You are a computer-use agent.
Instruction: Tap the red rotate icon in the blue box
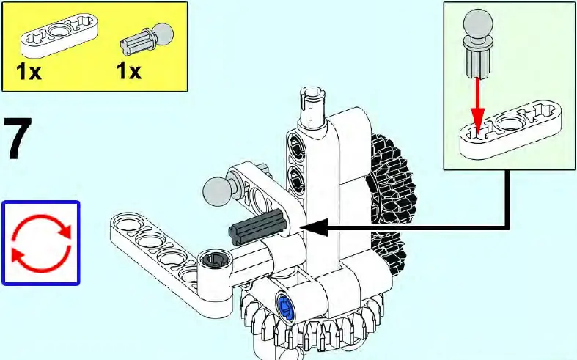tap(40, 243)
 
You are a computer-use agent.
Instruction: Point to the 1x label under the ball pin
tap(128, 73)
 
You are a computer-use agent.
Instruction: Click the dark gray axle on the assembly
tap(256, 227)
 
